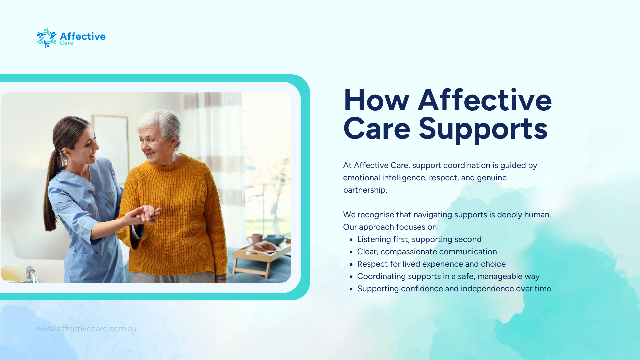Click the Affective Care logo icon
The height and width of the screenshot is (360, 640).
pyautogui.click(x=46, y=38)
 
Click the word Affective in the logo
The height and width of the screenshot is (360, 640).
pyautogui.click(x=83, y=36)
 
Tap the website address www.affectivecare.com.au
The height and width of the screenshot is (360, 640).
pyautogui.click(x=86, y=329)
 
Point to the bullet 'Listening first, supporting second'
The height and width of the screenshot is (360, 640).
pyautogui.click(x=419, y=239)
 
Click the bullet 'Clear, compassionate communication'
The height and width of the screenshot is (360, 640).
pyautogui.click(x=427, y=252)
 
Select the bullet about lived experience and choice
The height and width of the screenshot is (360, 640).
pyautogui.click(x=431, y=264)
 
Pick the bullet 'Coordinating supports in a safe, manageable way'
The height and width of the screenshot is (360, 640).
pyautogui.click(x=448, y=276)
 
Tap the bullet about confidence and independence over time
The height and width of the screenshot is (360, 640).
pyautogui.click(x=454, y=289)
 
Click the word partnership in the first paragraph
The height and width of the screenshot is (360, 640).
pyautogui.click(x=365, y=190)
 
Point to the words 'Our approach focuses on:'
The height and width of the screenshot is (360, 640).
pyautogui.click(x=391, y=227)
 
